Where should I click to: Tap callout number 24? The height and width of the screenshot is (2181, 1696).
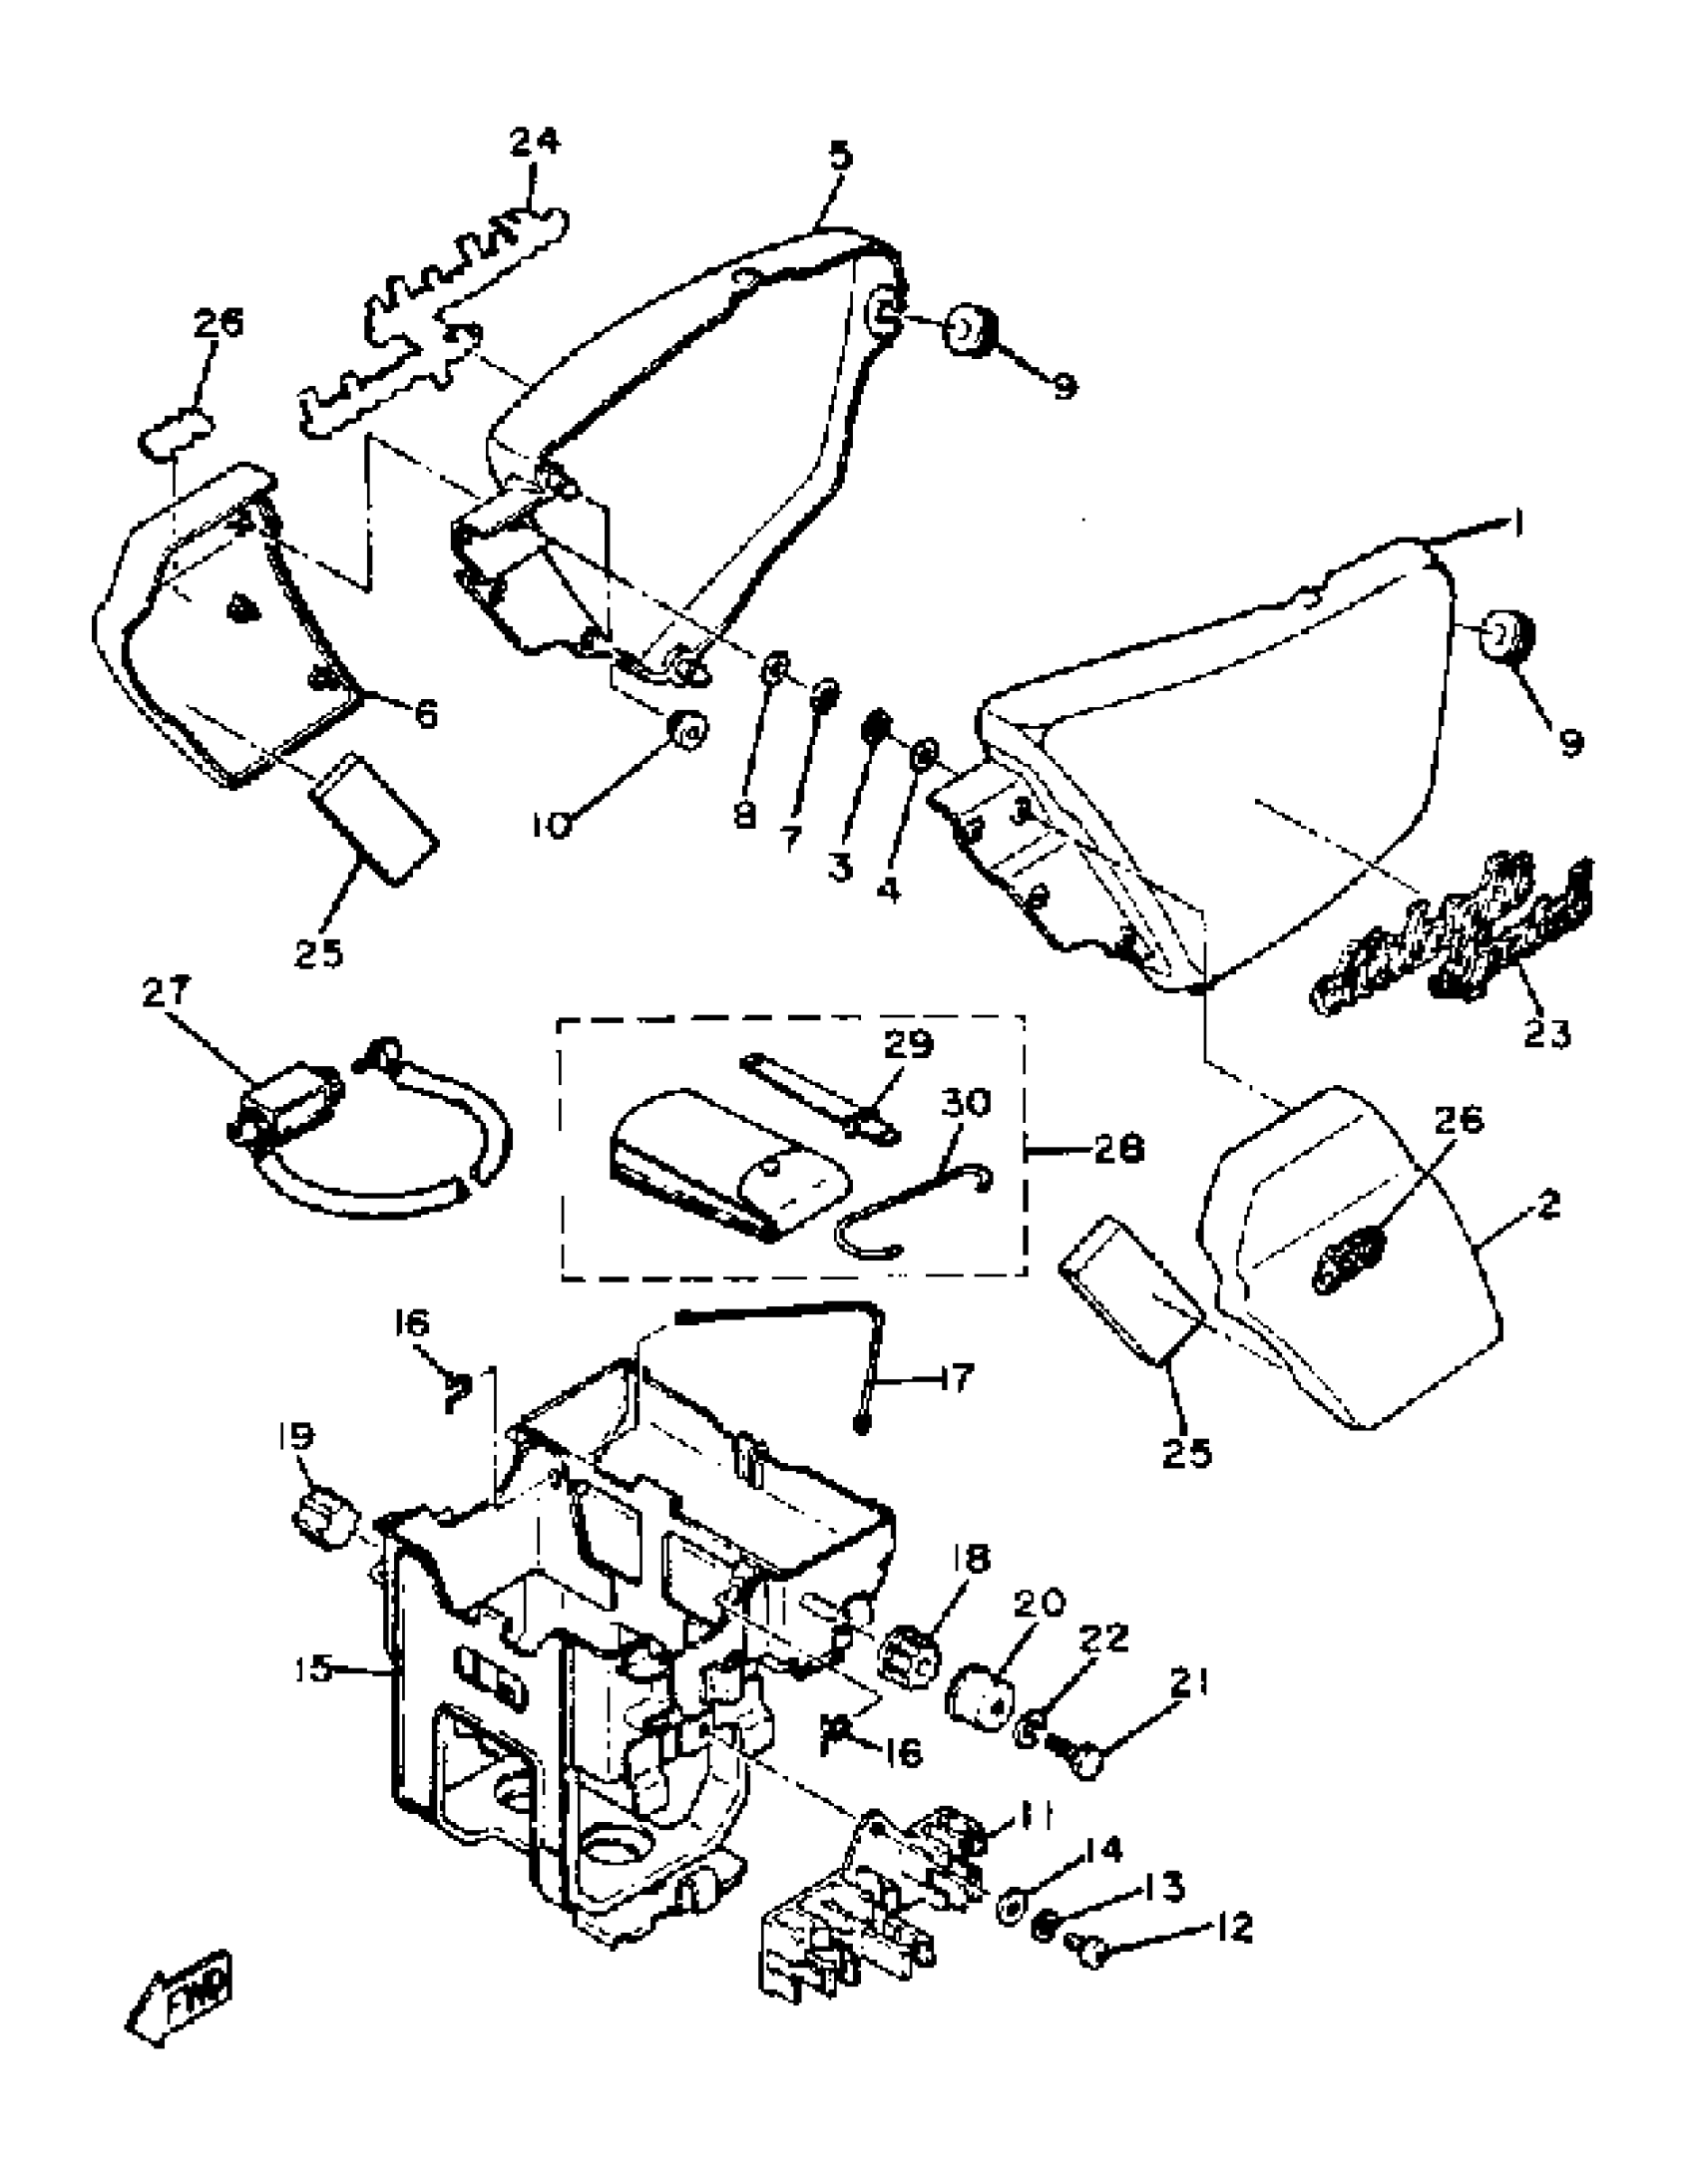coord(535,141)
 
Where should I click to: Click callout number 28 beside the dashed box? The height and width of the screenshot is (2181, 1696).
coord(1117,1150)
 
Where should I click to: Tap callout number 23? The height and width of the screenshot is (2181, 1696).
coord(1546,1031)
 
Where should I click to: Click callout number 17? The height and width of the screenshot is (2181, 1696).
coord(956,1379)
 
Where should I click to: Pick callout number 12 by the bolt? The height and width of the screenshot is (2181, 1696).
coord(1234,1928)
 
